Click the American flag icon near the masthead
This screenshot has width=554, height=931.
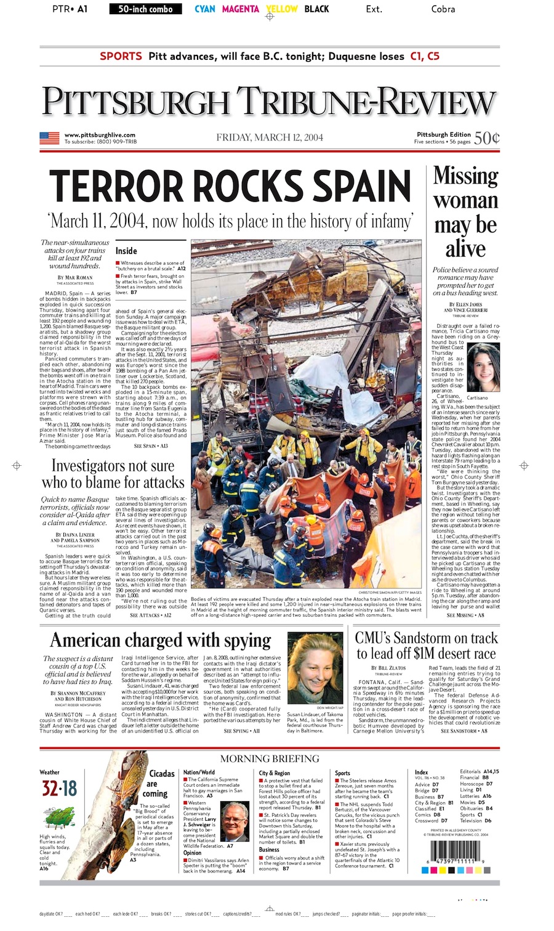[x=49, y=138]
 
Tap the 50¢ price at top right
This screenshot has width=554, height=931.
[x=486, y=137]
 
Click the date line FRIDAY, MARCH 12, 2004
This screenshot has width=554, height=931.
[x=270, y=137]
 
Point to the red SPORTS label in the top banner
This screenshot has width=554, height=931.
[x=121, y=56]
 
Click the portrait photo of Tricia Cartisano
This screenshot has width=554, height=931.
[x=483, y=367]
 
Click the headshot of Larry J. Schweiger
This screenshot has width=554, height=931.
[x=235, y=821]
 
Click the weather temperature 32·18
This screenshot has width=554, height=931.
[x=59, y=789]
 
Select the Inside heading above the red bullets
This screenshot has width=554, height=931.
[x=126, y=251]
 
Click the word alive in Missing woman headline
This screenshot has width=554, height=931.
[x=465, y=249]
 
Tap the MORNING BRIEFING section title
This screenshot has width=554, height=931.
[x=270, y=758]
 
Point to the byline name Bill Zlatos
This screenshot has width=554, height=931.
[x=393, y=668]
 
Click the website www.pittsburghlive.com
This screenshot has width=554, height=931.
[x=100, y=135]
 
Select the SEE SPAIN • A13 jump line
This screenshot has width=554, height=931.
[x=151, y=446]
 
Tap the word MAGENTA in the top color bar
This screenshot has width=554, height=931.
[x=240, y=9]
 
